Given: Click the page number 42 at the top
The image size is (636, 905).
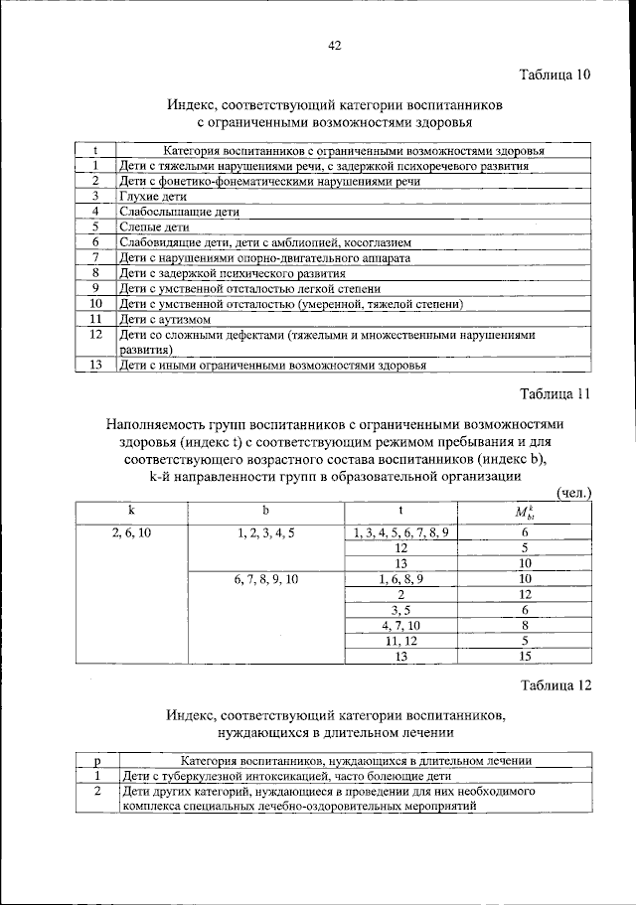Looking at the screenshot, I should pyautogui.click(x=334, y=44).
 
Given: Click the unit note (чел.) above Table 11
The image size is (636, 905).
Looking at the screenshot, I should pyautogui.click(x=573, y=493).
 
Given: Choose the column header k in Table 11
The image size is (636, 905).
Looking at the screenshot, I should pyautogui.click(x=131, y=510).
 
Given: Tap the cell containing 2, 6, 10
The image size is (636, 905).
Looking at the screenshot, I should pyautogui.click(x=131, y=532).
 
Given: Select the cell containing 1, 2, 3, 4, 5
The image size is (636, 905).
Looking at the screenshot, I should pyautogui.click(x=265, y=532).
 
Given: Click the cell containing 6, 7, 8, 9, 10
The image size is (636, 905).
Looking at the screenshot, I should pyautogui.click(x=265, y=578).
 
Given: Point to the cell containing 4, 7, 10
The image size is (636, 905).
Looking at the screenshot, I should pyautogui.click(x=400, y=624).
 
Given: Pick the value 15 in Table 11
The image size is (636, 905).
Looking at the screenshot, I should pyautogui.click(x=526, y=655).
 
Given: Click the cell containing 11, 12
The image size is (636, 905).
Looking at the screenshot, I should pyautogui.click(x=400, y=640).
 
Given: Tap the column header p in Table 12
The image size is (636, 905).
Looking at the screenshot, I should pyautogui.click(x=97, y=760).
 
